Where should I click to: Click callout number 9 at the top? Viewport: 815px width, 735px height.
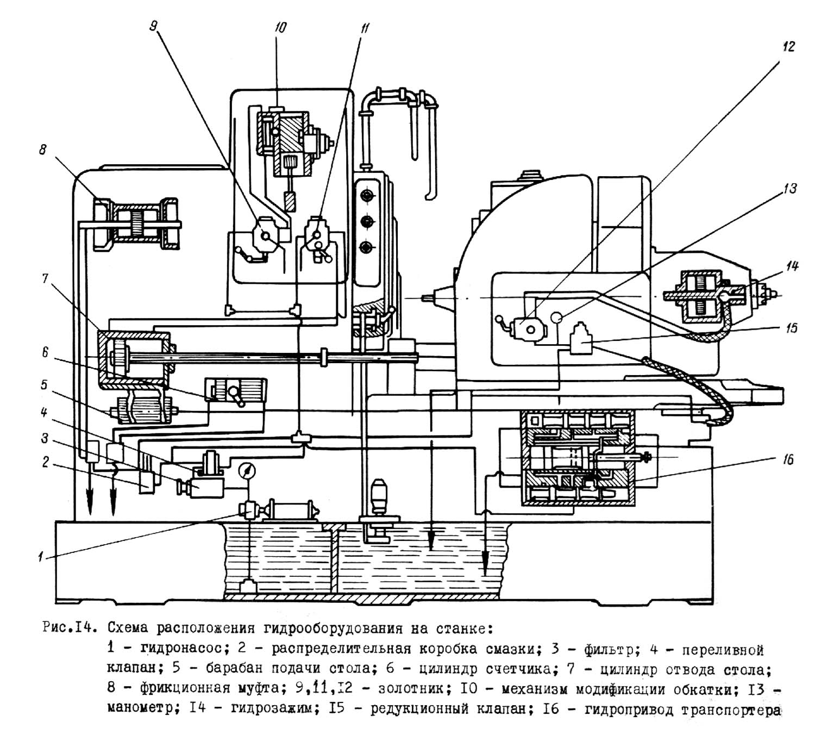pyautogui.click(x=153, y=27)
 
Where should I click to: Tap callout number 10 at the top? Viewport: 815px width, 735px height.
pyautogui.click(x=280, y=27)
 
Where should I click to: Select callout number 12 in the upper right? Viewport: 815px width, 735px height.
pyautogui.click(x=788, y=46)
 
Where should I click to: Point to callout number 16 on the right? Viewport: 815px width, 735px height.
pyautogui.click(x=788, y=460)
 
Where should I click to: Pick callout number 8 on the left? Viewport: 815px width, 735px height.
pyautogui.click(x=43, y=150)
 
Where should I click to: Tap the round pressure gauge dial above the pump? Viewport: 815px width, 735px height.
pyautogui.click(x=247, y=471)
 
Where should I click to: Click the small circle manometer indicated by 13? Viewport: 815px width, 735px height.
pyautogui.click(x=556, y=317)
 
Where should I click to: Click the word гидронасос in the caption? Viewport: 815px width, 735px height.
pyautogui.click(x=181, y=647)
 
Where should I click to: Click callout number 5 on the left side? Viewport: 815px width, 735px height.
pyautogui.click(x=44, y=384)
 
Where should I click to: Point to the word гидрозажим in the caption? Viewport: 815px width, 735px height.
pyautogui.click(x=272, y=709)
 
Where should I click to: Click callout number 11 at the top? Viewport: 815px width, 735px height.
pyautogui.click(x=365, y=28)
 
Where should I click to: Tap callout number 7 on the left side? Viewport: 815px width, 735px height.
pyautogui.click(x=45, y=278)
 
